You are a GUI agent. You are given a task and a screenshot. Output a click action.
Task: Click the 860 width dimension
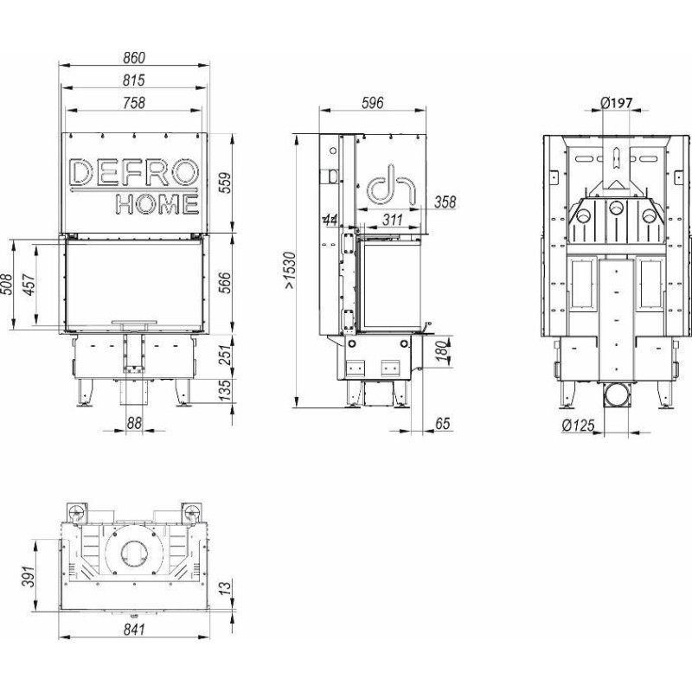pos(134,58)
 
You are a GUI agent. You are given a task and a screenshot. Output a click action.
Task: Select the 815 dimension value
pos(134,80)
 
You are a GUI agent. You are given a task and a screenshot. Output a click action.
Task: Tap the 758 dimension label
pos(134,103)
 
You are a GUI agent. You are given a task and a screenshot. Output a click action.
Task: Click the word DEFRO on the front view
pos(134,172)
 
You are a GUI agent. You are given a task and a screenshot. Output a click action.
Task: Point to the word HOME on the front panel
pos(157,204)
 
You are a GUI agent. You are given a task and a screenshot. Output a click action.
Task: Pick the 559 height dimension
pos(225,183)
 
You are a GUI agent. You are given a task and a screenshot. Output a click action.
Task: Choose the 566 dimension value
pos(225,283)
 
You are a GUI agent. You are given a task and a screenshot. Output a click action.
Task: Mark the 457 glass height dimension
pos(29,285)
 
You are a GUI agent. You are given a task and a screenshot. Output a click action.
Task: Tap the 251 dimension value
pos(225,356)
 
